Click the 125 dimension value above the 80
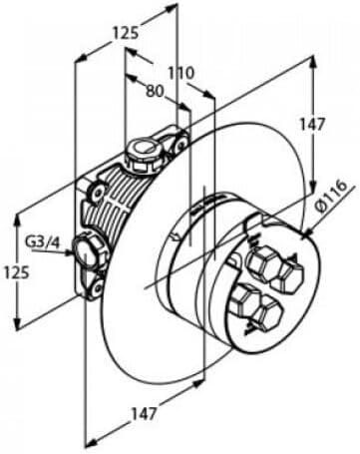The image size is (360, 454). point(126,33)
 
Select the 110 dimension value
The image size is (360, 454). point(180,73)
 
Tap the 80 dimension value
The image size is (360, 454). point(155,91)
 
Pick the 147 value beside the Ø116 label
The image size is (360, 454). point(311,125)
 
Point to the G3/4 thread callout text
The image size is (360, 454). point(42,242)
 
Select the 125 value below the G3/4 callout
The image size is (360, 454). point(17,272)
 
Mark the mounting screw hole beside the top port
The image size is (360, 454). point(181,144)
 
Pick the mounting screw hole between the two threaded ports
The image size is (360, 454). point(98,193)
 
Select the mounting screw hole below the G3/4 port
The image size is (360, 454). point(99,286)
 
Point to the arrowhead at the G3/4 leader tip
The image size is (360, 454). point(71,253)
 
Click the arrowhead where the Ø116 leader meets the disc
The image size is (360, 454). point(307,232)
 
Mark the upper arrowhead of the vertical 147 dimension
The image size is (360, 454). point(312,63)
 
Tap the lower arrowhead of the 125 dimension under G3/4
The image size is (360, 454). point(17,322)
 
